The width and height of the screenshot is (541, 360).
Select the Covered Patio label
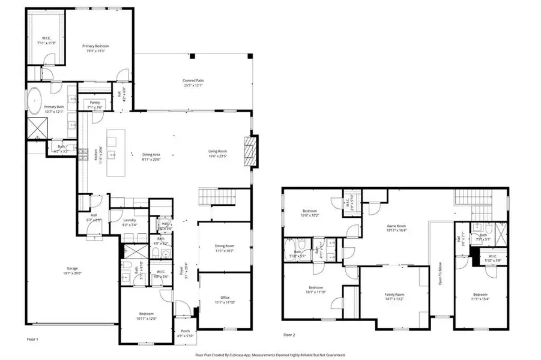click(193, 80)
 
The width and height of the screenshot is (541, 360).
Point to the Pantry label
click(94, 103)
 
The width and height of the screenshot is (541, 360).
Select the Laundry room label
click(129, 220)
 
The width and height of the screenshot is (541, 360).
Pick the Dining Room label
click(224, 246)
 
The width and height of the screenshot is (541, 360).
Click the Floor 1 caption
click(32, 340)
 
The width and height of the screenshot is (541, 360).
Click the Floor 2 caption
click(289, 335)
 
